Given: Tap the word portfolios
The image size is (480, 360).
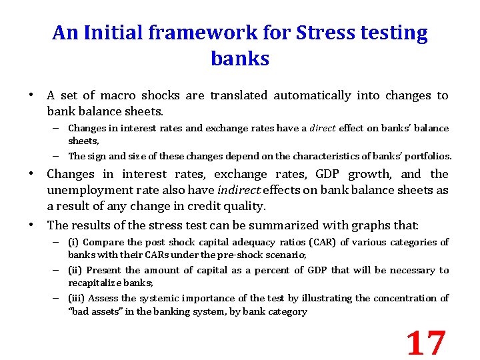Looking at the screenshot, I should pos(425,156).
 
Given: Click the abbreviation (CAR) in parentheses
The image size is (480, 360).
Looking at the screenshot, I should pos(324,242).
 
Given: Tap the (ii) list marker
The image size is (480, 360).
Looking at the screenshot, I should pos(75,270).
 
